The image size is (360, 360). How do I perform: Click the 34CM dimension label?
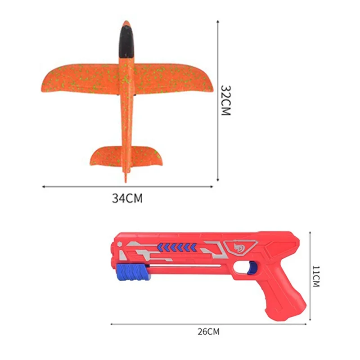pyautogui.click(x=127, y=198)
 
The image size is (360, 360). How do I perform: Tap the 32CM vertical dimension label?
pyautogui.click(x=225, y=100)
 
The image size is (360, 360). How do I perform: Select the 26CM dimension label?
pyautogui.click(x=208, y=332)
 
